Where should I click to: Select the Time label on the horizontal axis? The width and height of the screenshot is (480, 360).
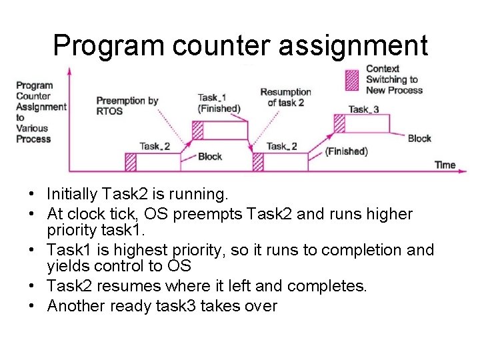[x=445, y=165]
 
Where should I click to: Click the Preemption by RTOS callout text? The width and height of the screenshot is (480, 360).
[x=127, y=105]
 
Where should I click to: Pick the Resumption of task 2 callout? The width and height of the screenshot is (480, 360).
[x=285, y=97]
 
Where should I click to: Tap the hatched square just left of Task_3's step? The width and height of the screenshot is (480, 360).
[x=339, y=124]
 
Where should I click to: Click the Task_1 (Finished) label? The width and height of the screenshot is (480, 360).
[x=219, y=103]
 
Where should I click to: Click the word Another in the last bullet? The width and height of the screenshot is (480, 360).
[x=74, y=306]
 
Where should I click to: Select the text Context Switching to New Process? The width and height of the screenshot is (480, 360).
[x=394, y=79]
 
